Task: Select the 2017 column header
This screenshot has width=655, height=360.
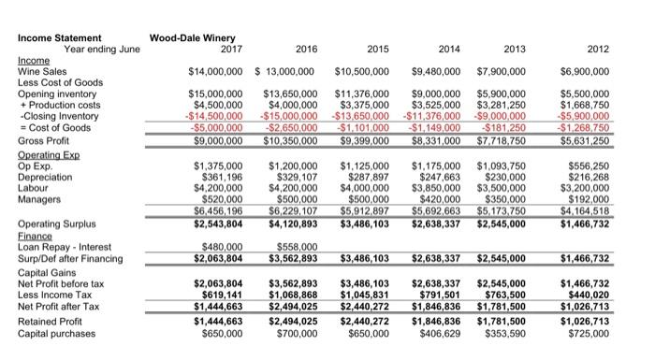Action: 229,49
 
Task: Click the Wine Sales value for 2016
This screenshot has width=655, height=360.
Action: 289,71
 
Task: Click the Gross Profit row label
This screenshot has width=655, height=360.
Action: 44,140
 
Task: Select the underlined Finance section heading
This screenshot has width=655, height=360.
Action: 35,235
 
